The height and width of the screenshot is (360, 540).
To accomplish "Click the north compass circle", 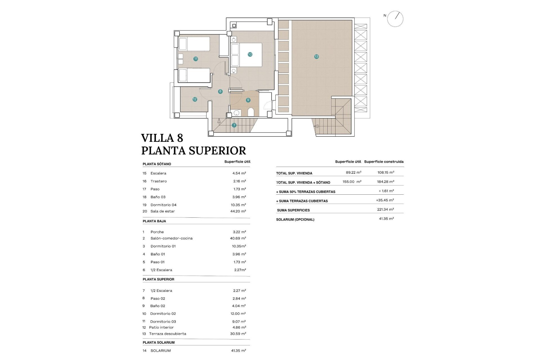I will (x=395, y=19).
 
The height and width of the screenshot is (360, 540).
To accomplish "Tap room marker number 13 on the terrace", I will (x=316, y=57).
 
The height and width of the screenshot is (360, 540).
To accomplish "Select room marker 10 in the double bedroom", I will (x=250, y=54).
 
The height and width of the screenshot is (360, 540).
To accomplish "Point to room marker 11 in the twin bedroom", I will (x=195, y=59).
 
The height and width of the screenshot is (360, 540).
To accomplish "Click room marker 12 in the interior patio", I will (x=195, y=99).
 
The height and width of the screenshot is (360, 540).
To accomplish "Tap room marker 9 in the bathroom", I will (x=248, y=100).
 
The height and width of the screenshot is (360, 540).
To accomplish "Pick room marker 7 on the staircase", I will (x=234, y=125).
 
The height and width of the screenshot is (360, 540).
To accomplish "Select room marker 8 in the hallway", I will (x=220, y=91).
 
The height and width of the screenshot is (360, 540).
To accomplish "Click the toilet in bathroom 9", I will (x=251, y=112).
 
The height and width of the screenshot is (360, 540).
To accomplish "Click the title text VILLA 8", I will (x=162, y=138).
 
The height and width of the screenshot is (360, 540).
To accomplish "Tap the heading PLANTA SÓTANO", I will (x=157, y=164).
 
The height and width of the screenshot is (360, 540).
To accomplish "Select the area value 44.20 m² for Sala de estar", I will (x=238, y=211).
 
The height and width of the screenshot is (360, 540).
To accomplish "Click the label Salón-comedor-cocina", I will (x=171, y=238).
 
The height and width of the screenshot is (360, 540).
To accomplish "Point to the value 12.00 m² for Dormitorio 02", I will (x=238, y=314).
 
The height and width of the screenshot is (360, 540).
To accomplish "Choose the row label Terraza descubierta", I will (x=167, y=334).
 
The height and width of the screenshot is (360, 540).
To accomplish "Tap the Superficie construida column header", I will (x=384, y=162).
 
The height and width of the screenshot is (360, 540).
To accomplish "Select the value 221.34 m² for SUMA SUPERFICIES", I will (x=385, y=210).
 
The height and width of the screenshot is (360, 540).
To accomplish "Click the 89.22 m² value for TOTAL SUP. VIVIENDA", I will (x=354, y=172).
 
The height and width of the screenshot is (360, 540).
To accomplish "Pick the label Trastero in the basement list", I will (x=158, y=181).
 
